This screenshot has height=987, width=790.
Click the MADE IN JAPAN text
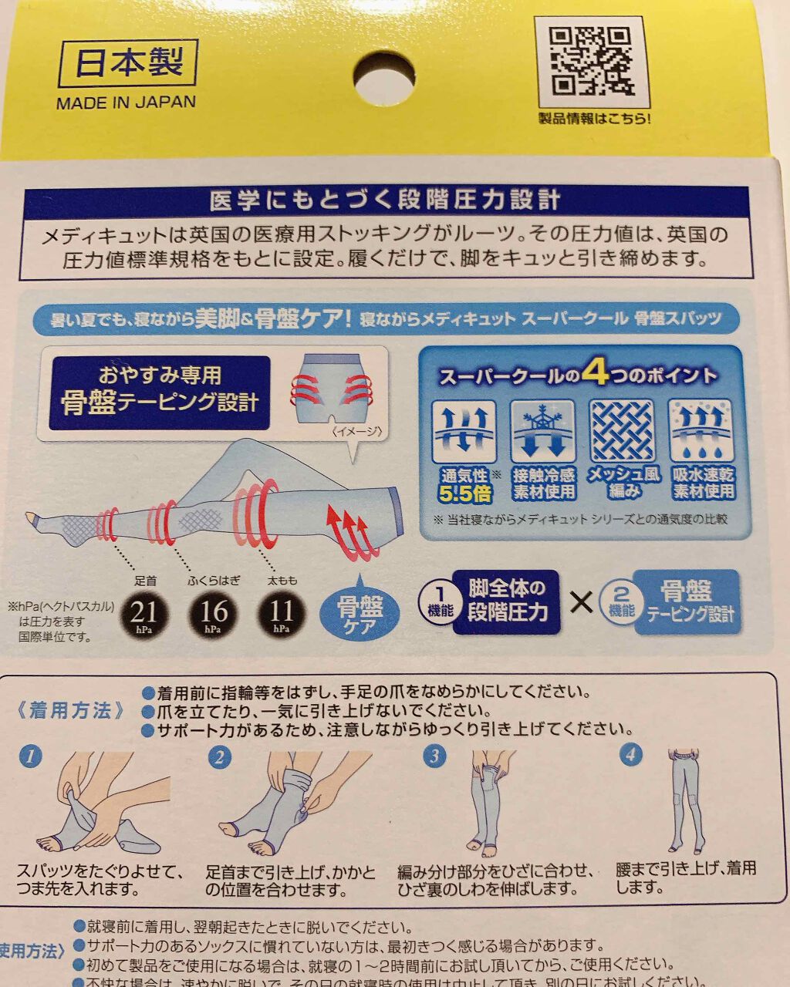click(126, 103)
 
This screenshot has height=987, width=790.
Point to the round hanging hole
click(384, 76)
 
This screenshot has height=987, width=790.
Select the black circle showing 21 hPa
click(143, 614)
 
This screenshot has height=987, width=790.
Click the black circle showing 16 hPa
click(213, 614)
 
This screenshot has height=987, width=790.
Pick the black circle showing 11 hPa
click(281, 614)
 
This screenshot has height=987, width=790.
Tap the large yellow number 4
click(595, 374)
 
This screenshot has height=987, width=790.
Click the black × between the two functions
click(582, 601)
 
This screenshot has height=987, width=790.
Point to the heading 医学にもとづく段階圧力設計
click(385, 200)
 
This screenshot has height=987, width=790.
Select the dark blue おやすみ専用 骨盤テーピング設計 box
click(160, 392)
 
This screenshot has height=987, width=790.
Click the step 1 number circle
click(31, 755)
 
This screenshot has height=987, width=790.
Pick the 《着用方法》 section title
click(71, 710)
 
